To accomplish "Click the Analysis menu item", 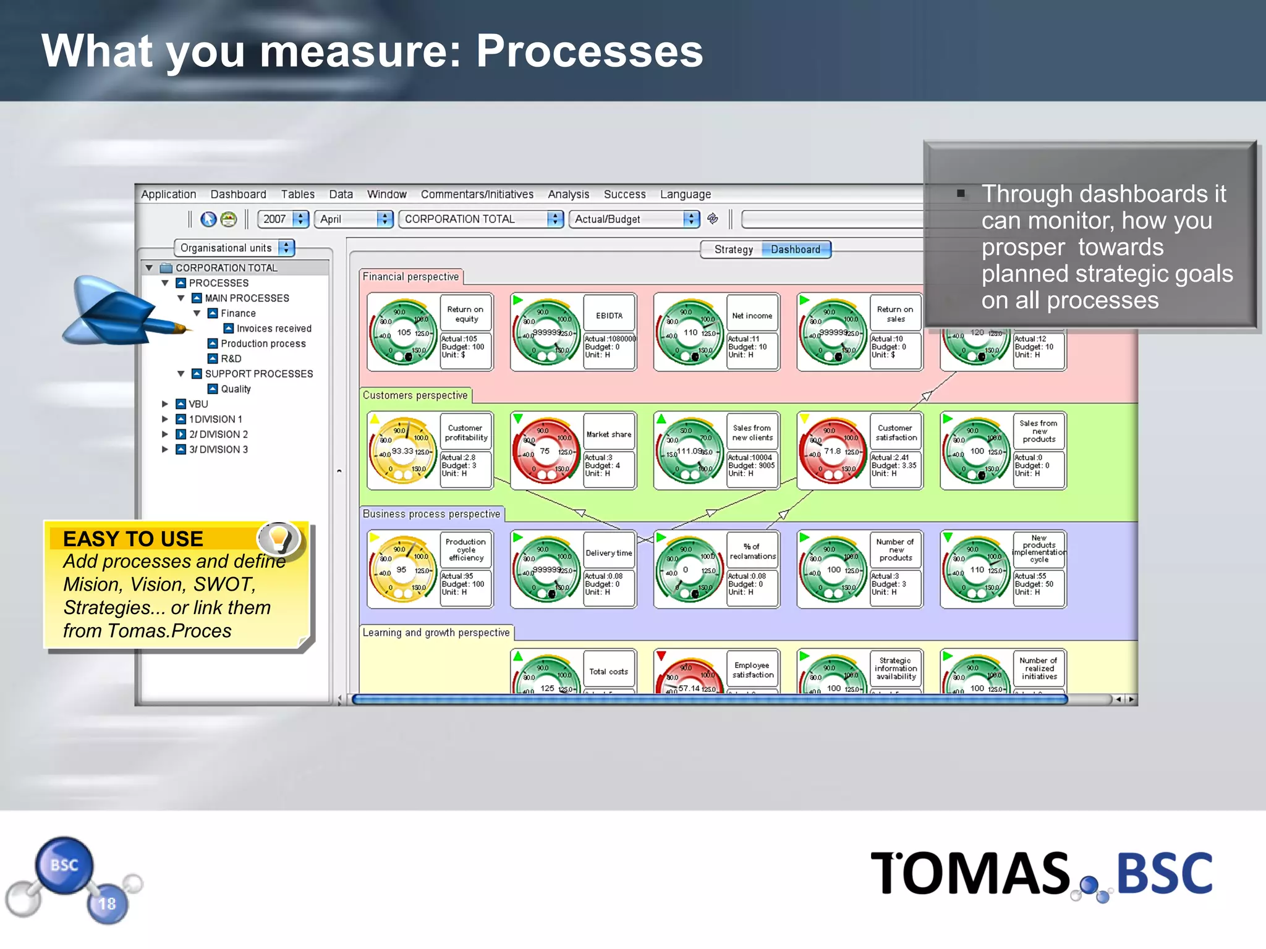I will pos(568,194).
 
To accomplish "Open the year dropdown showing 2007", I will pos(283,219).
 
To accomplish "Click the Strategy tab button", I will pos(733,249).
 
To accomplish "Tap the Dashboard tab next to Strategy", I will pos(795,249).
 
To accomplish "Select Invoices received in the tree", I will pos(273,328).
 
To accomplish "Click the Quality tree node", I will pos(236,389).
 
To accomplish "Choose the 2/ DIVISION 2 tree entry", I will pos(218,434).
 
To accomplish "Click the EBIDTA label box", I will pos(609,315).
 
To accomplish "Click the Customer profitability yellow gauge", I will pos(402,451).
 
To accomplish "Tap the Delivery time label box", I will pos(609,553).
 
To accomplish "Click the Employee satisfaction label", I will pos(752,670).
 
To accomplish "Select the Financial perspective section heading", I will pos(410,277).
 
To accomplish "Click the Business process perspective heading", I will pos(431,514).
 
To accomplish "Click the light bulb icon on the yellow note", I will pos(279,538).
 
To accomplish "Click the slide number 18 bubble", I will pos(108,903).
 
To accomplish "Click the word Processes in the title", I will pos(589,51).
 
